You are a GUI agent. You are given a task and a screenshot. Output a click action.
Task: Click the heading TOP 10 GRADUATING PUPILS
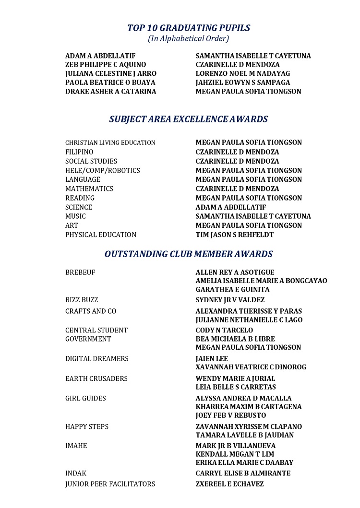tap(189, 28)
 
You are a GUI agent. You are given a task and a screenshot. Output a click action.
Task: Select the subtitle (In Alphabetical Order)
tap(188, 38)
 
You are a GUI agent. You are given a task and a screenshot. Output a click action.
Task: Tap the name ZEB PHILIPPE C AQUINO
tap(106, 65)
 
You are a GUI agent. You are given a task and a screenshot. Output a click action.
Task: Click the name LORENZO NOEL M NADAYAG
tap(243, 74)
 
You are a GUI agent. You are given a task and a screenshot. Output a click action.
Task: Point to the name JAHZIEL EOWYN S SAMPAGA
tap(243, 83)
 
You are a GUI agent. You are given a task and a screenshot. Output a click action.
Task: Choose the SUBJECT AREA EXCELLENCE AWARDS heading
tap(188, 119)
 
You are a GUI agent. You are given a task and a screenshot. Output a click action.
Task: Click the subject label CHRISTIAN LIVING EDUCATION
tap(110, 143)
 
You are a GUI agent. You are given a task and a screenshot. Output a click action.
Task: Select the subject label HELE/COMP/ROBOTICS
tap(103, 170)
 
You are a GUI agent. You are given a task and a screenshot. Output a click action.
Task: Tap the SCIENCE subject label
tap(79, 207)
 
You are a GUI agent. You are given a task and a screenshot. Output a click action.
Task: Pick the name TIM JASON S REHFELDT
tap(234, 235)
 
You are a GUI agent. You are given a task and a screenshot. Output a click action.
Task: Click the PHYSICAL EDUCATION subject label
tap(101, 235)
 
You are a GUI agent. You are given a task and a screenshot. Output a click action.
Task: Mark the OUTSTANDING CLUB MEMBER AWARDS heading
tap(189, 254)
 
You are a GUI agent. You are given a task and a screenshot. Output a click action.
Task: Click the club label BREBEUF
tap(80, 272)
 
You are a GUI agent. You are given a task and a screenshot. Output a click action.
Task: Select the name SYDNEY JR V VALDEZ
tap(230, 300)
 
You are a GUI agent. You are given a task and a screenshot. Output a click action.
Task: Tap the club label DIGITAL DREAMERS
tap(97, 359)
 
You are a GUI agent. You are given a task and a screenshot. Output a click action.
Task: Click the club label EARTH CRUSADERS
tap(96, 378)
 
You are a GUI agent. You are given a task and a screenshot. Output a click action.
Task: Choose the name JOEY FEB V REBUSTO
tap(231, 415)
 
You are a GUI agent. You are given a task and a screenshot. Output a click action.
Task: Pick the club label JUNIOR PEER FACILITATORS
tap(110, 484)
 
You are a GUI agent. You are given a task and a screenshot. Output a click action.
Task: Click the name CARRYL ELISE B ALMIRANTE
tap(243, 473)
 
